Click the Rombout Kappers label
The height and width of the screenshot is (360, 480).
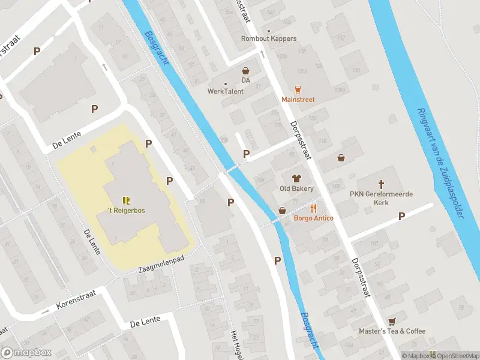pyautogui.click(x=269, y=38)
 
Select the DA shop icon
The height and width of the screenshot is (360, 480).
pyautogui.click(x=245, y=71)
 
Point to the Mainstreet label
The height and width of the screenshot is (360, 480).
pyautogui.click(x=298, y=100)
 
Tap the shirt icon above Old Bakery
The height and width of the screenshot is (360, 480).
pyautogui.click(x=296, y=178)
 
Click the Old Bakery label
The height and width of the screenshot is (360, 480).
pyautogui.click(x=296, y=188)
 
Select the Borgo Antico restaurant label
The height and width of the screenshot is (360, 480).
pyautogui.click(x=313, y=218)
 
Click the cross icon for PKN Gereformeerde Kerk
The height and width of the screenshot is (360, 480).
pyautogui.click(x=380, y=184)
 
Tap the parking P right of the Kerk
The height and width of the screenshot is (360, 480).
pyautogui.click(x=401, y=216)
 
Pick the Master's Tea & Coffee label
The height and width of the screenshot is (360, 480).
pyautogui.click(x=392, y=331)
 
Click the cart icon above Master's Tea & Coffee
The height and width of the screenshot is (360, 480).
pyautogui.click(x=392, y=321)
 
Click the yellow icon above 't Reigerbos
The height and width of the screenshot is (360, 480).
pyautogui.click(x=125, y=200)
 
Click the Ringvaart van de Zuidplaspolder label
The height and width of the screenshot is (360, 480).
pyautogui.click(x=442, y=163)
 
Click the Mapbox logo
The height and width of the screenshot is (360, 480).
pyautogui.click(x=26, y=353)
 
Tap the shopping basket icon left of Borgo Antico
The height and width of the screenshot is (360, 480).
pyautogui.click(x=282, y=210)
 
